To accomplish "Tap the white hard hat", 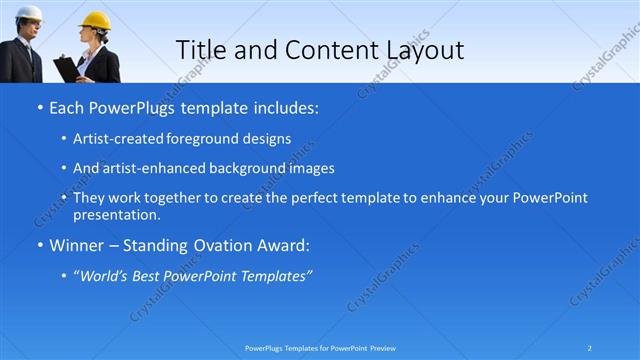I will [x=29, y=14].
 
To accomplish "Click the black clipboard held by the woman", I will [x=67, y=68].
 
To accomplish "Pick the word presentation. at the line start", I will [x=116, y=214].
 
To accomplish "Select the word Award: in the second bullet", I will [x=282, y=244].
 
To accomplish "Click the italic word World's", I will [x=106, y=275].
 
